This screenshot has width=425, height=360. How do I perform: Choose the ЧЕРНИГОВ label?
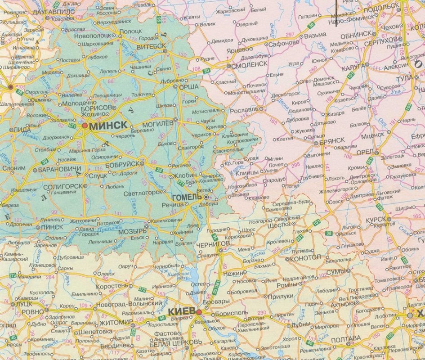(213, 243)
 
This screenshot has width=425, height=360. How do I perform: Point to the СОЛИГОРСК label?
(63, 186)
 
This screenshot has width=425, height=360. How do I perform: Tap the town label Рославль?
(243, 110)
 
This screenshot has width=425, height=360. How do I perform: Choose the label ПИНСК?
(52, 227)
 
